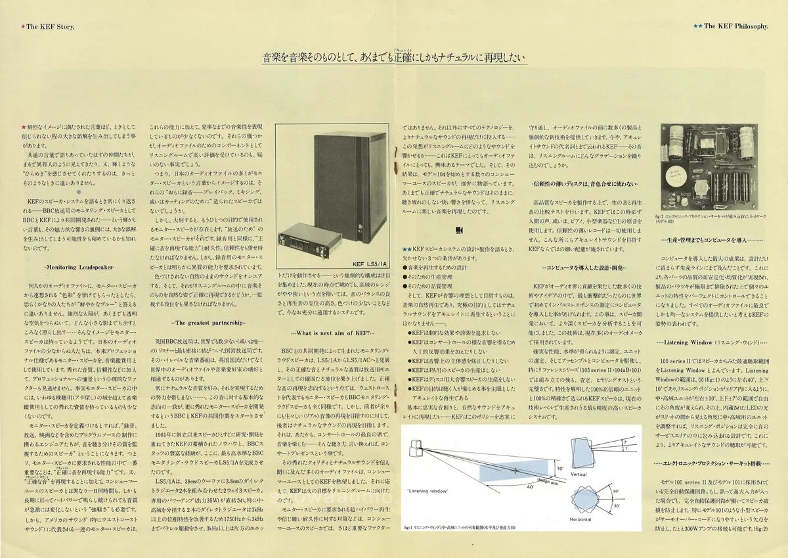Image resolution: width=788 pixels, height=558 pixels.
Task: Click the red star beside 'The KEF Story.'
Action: (23, 26)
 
